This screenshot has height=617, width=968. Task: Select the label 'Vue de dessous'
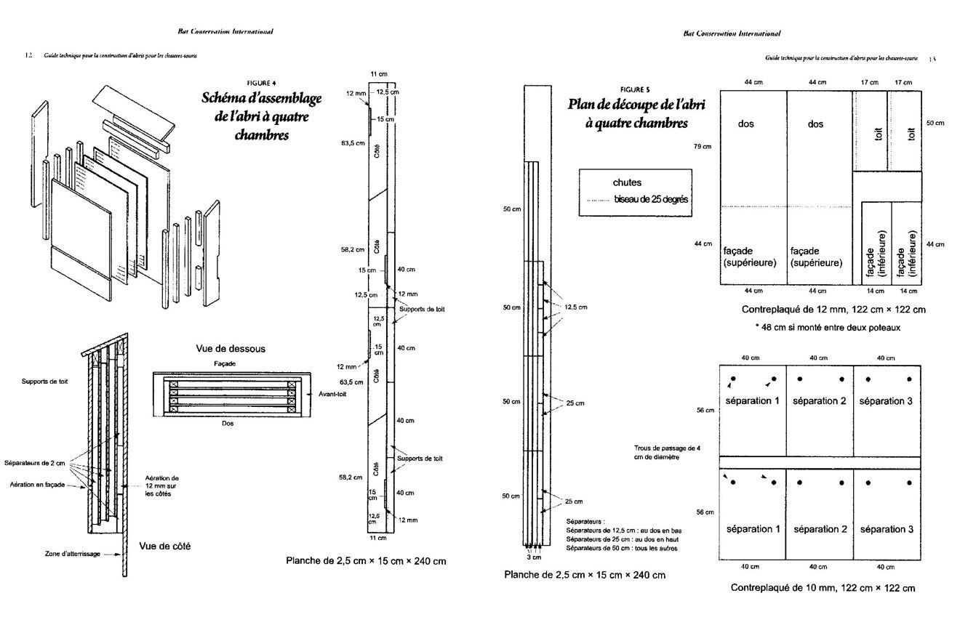[231, 349]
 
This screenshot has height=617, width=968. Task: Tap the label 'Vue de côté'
[165, 546]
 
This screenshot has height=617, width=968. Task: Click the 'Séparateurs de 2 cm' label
[34, 463]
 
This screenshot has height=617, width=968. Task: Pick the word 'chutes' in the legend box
[628, 183]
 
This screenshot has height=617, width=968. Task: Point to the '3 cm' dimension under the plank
[535, 557]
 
